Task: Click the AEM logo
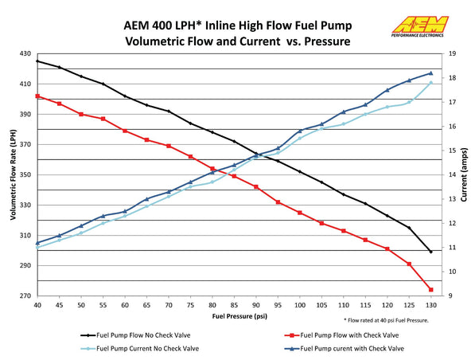420,26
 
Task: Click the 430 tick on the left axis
25,53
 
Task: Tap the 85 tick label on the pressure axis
234,305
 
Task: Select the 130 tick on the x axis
430,305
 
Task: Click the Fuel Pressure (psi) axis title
239,316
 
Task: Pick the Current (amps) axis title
464,174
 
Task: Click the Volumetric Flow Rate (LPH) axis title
13,174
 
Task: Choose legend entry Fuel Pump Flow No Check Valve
135,335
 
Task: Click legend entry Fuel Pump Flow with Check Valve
341,335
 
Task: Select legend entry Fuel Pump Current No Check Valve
140,349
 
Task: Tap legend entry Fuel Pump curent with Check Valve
345,349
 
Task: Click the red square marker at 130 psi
430,290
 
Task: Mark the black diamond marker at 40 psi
37,61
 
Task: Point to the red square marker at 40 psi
37,96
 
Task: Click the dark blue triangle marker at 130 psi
430,73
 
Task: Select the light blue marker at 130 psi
430,83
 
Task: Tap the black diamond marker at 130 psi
430,252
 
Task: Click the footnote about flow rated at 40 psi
386,320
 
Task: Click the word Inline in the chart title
220,25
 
